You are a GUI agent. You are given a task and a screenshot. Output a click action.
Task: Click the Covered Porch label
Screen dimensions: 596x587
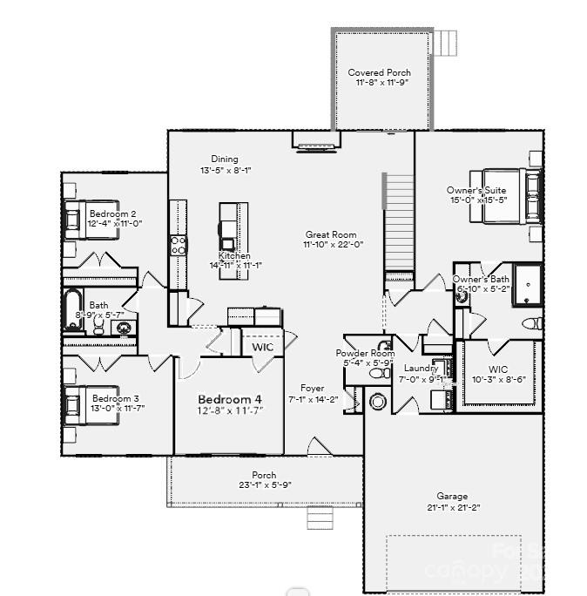[x=379, y=72]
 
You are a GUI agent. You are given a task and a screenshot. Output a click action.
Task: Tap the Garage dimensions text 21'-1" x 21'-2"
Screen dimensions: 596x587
[x=452, y=507]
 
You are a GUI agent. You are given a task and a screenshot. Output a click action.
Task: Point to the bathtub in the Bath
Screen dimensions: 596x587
[x=73, y=310]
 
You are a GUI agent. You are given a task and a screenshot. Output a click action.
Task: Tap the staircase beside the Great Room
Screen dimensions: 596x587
[x=399, y=222]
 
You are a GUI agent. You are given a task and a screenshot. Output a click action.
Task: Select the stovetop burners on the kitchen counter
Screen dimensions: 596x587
[x=178, y=245]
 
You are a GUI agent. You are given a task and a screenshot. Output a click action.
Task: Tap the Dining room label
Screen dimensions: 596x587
[x=224, y=159]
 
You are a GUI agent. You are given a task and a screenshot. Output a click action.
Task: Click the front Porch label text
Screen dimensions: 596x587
[x=264, y=476]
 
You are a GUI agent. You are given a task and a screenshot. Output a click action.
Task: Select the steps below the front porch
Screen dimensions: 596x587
[x=319, y=518]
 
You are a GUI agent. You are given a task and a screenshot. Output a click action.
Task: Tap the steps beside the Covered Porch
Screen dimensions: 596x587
[x=446, y=42]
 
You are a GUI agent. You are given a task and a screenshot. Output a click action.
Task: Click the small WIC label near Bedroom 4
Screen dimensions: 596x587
[x=262, y=347]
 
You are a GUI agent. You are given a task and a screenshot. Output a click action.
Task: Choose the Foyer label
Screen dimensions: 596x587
[x=312, y=389]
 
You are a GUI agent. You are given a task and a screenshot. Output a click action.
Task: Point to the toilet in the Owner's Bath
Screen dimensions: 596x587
[x=530, y=323]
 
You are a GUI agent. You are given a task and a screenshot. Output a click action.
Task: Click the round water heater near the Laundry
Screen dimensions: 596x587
[x=378, y=403]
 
